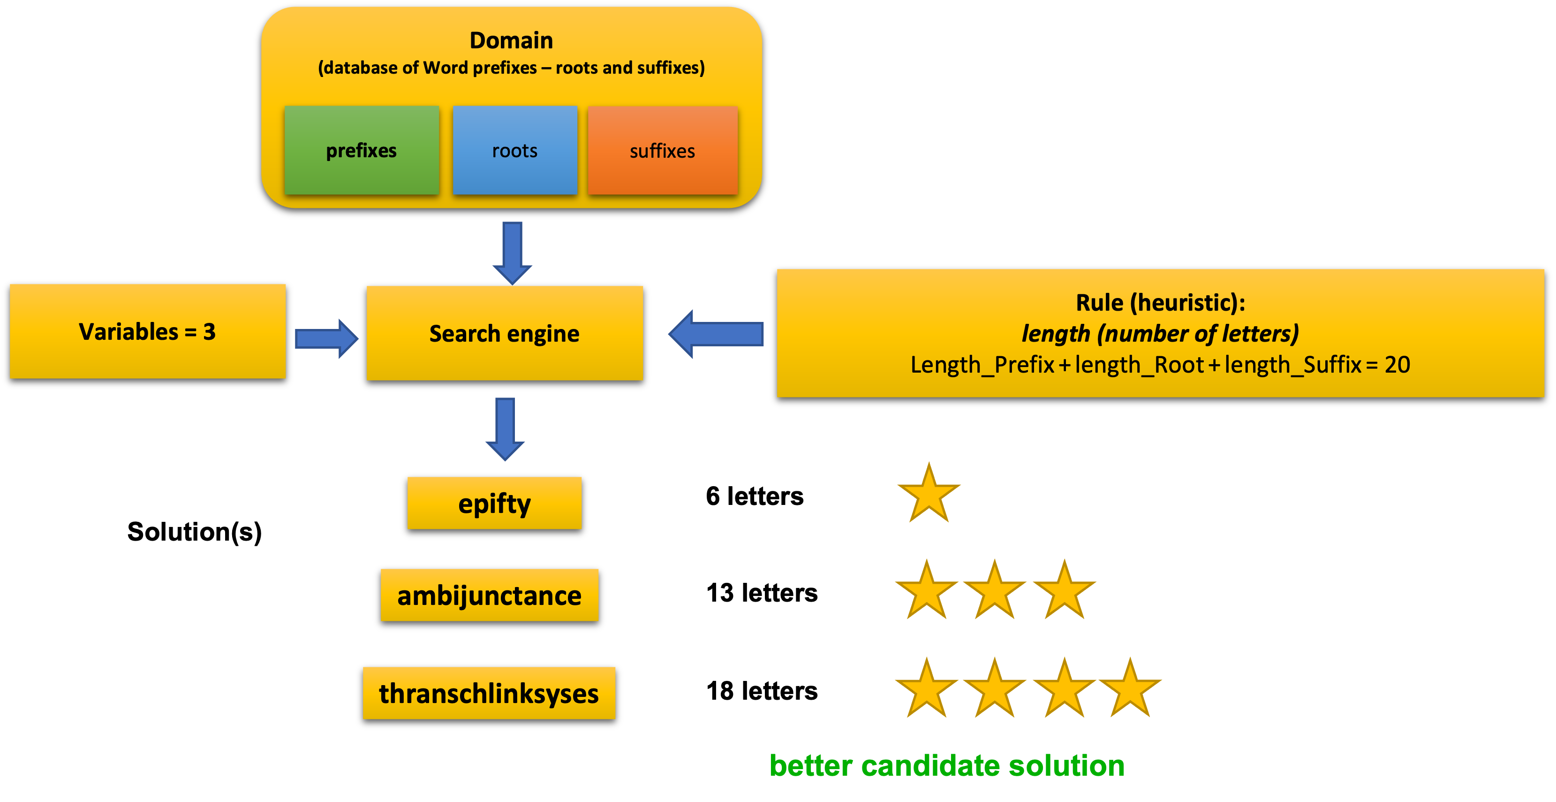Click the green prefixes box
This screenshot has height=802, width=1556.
(361, 151)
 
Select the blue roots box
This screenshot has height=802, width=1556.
(514, 151)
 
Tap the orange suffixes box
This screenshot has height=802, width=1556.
(663, 151)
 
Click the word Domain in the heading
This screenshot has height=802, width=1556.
(511, 40)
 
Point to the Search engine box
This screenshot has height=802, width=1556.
(505, 333)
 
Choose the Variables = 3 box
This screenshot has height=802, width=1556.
(147, 331)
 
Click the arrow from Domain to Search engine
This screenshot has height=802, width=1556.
(512, 252)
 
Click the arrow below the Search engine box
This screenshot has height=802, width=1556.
(505, 428)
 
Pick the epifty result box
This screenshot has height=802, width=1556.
(494, 503)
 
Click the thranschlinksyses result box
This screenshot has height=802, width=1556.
(489, 693)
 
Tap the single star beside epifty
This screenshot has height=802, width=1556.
(929, 494)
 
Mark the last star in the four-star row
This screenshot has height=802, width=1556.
(1130, 689)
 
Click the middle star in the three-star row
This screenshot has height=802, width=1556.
(994, 591)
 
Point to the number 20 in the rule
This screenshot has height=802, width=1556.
(1397, 365)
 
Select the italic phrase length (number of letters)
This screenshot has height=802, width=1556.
(1160, 334)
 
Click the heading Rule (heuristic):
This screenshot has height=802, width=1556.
(1160, 302)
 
